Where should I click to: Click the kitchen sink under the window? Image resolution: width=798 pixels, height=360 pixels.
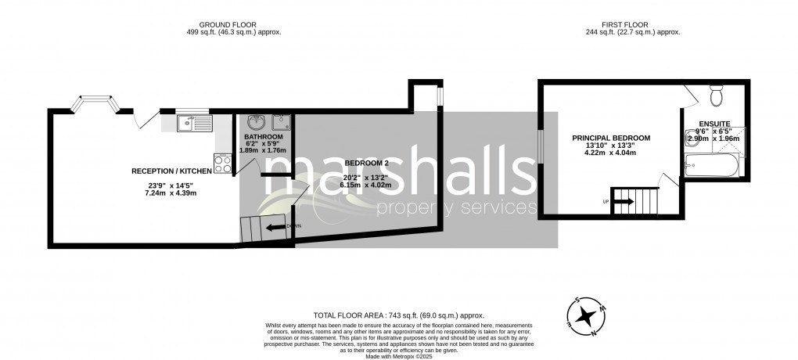(x=192, y=123)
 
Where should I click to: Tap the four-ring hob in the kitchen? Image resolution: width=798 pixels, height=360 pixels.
(x=223, y=164)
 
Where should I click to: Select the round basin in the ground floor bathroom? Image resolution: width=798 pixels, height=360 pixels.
(x=255, y=123)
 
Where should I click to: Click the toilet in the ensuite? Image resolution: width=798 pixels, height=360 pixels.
(x=715, y=96)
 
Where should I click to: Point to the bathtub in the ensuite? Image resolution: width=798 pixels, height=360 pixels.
(x=712, y=165)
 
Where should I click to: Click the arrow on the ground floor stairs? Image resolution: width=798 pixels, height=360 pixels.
(x=273, y=227)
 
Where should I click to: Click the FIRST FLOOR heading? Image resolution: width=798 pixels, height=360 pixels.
(x=632, y=23)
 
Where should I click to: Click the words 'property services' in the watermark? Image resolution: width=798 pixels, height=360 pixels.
(x=456, y=208)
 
